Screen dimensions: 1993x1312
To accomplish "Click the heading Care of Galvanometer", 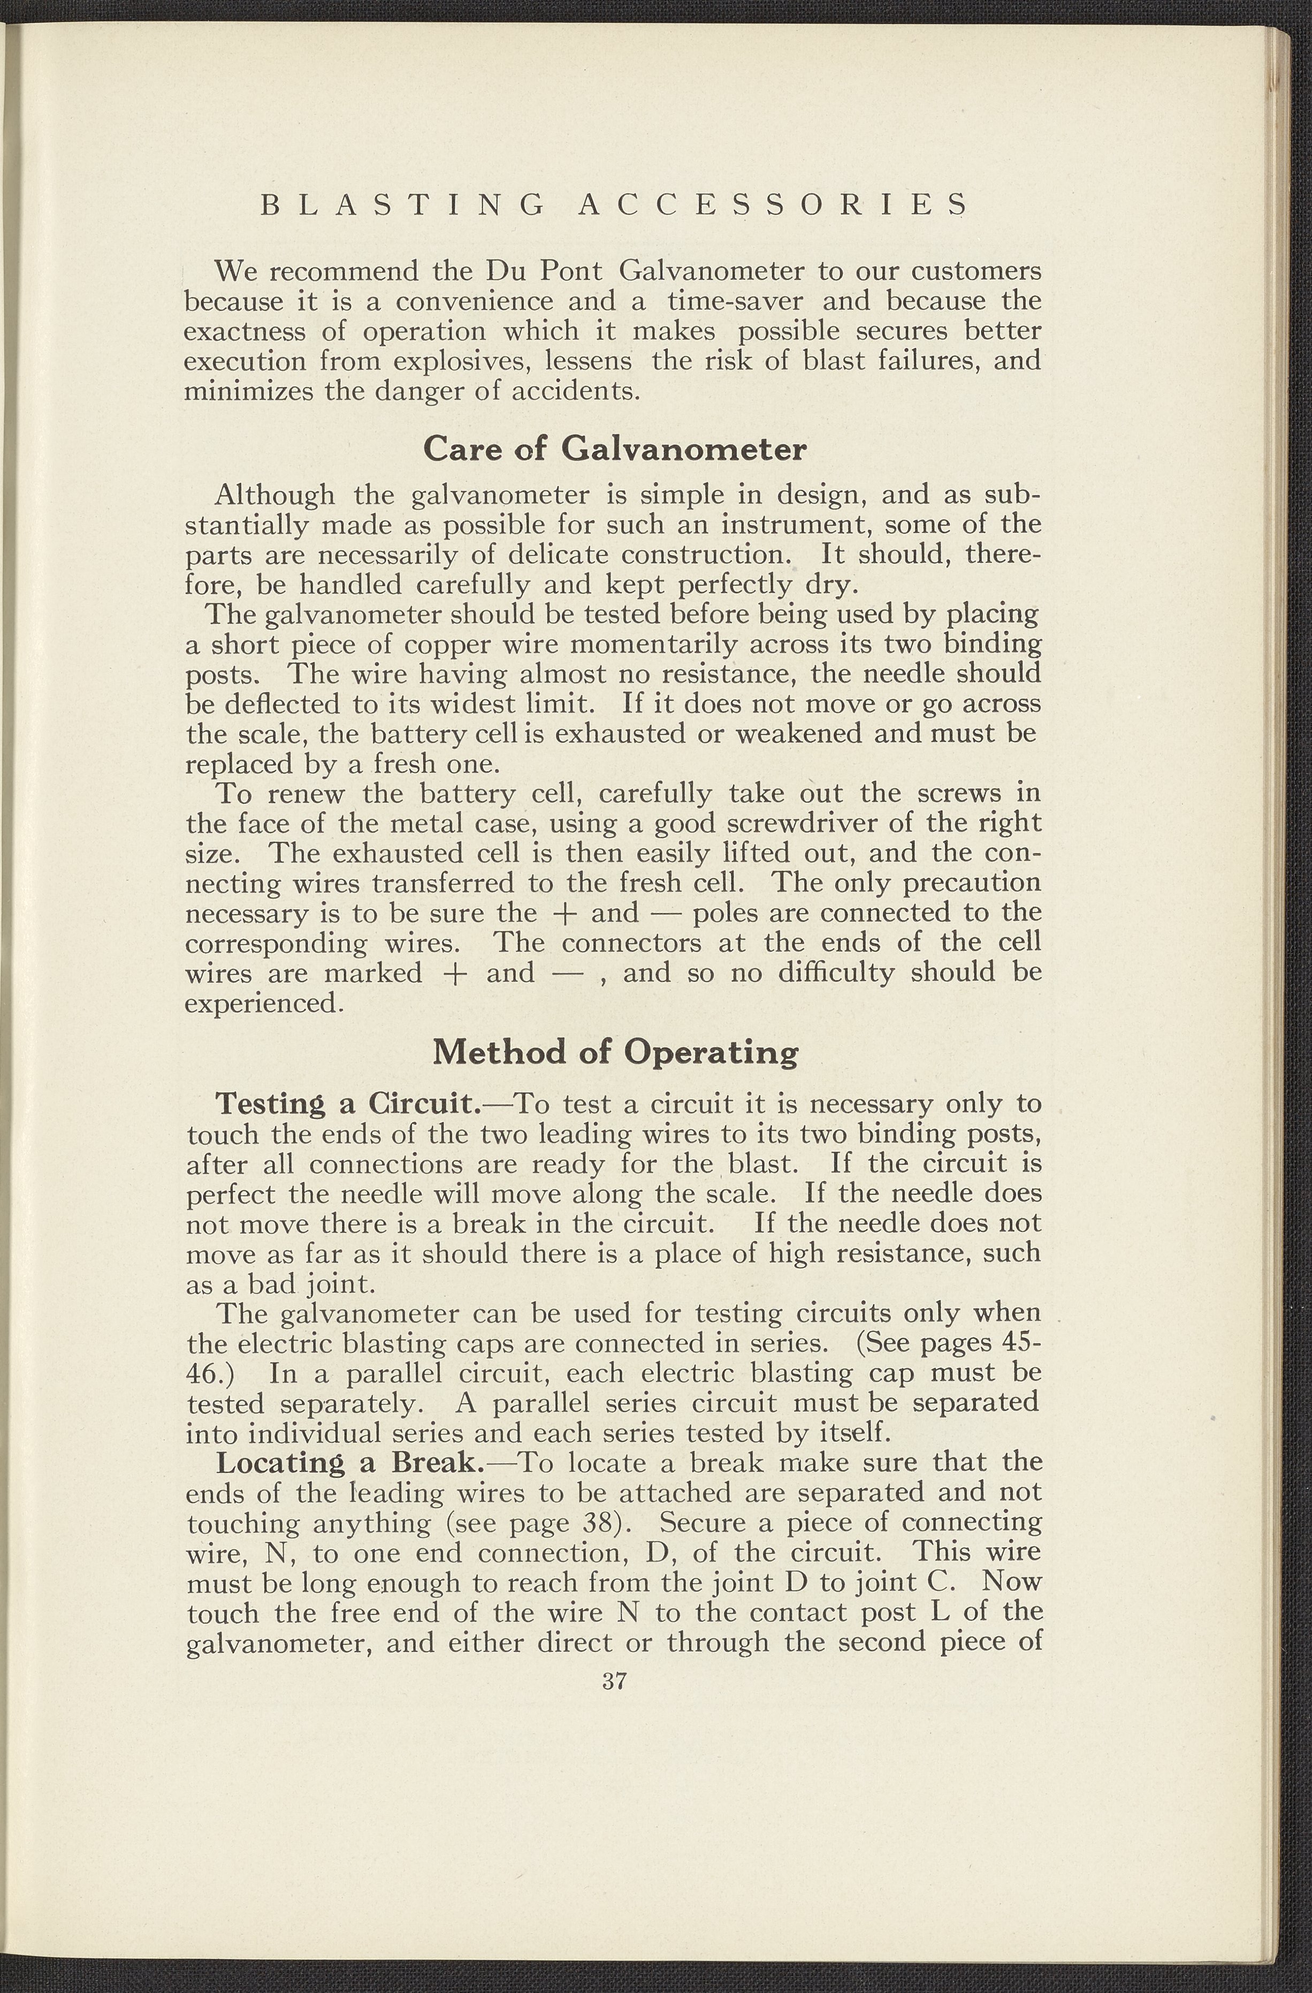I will click(x=615, y=449).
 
